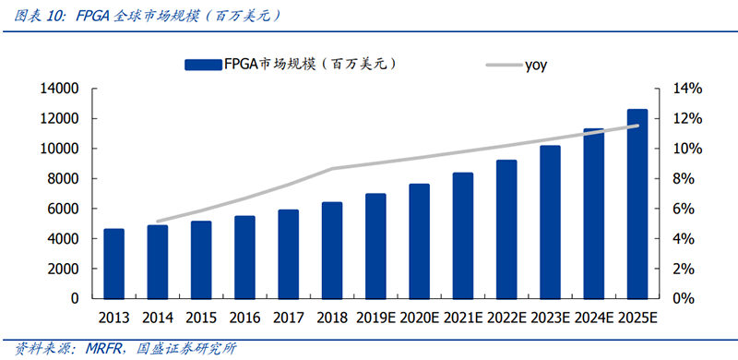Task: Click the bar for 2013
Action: click(x=113, y=264)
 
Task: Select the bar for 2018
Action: click(x=332, y=250)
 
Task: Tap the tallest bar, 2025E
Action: click(x=637, y=204)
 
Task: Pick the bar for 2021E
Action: click(x=463, y=235)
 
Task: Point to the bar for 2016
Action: click(x=244, y=258)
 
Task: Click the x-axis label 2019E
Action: click(x=375, y=318)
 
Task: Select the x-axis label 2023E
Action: click(x=550, y=318)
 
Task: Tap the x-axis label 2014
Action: click(x=158, y=318)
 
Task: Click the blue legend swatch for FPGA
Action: click(x=201, y=64)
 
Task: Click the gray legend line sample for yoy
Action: click(x=503, y=65)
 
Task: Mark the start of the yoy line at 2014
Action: click(x=158, y=222)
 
